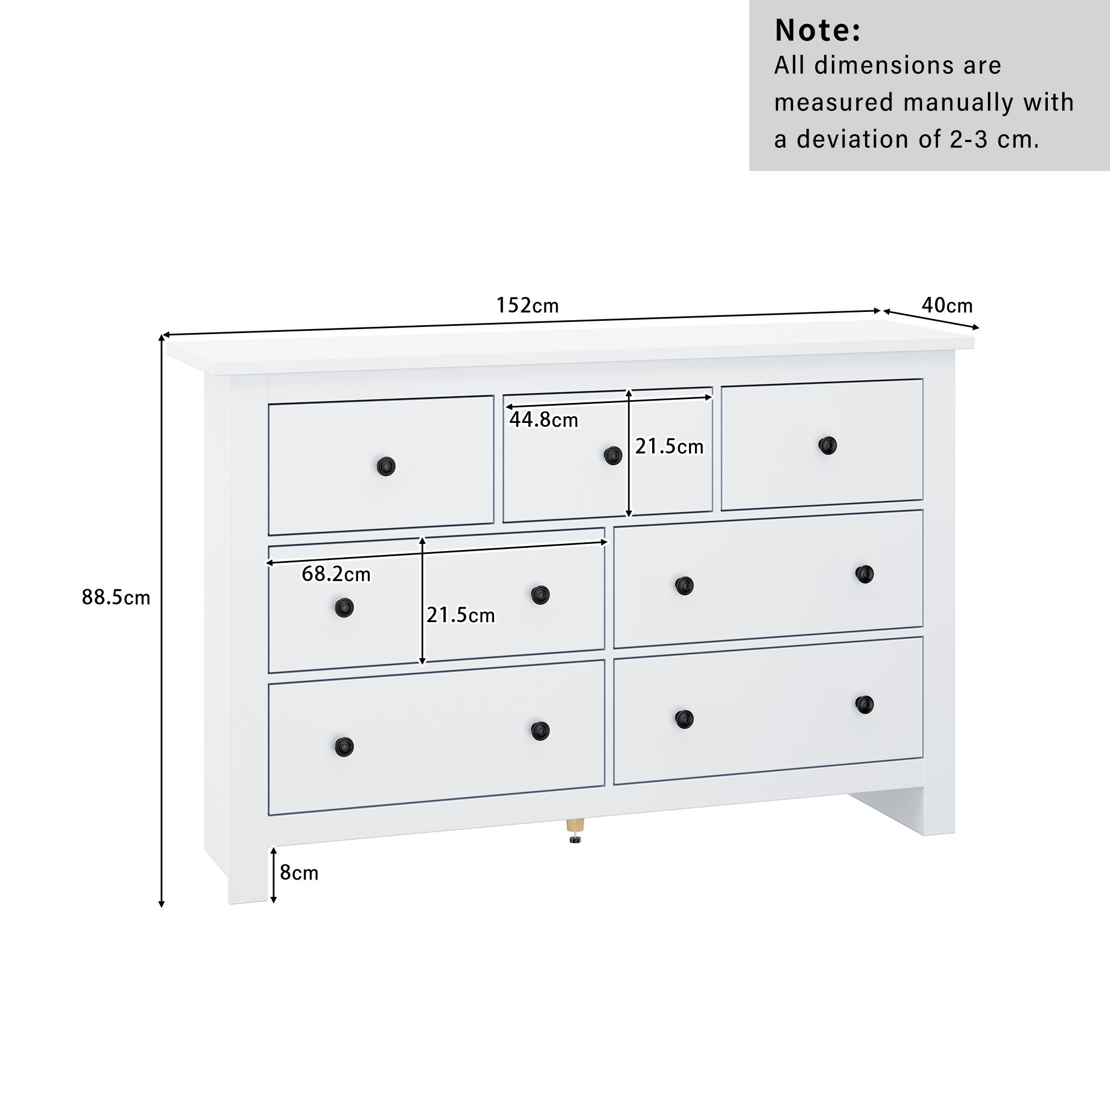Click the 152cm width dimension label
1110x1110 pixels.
(527, 305)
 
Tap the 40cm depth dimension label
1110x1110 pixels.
(947, 305)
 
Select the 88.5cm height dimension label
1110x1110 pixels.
(115, 598)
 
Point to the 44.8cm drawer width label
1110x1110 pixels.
(543, 420)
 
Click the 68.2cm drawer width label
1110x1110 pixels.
(336, 574)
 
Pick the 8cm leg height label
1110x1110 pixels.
(299, 872)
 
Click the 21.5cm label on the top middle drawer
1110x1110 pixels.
(669, 446)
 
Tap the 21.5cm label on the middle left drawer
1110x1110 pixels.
(460, 615)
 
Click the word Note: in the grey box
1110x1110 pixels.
(818, 31)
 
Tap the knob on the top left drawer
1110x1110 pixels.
(386, 467)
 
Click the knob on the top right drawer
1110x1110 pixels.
(828, 445)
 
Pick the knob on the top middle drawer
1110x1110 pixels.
(613, 456)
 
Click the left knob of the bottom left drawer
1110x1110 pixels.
(344, 746)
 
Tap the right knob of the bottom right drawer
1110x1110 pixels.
(864, 704)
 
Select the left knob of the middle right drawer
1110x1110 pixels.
(684, 586)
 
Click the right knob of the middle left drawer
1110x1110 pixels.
(540, 595)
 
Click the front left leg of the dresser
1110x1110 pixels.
(248, 873)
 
